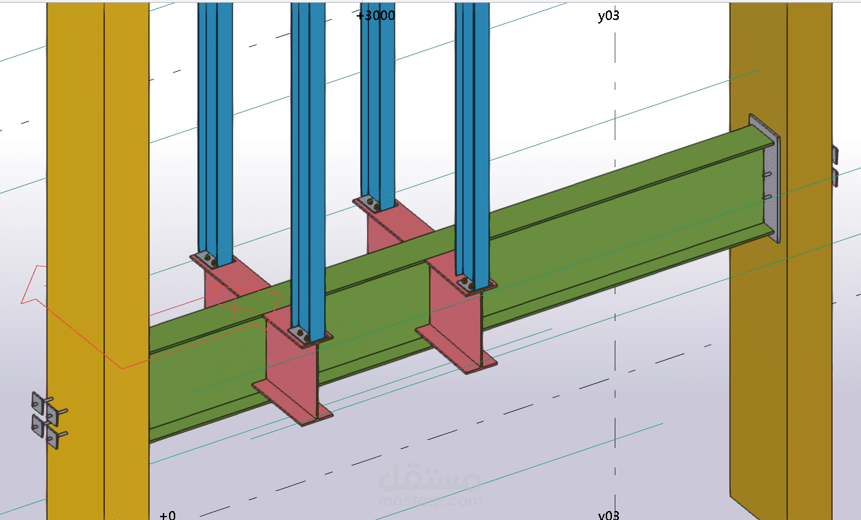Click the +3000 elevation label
coord(376,15)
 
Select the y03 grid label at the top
coord(608,15)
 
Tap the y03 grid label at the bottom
coord(608,514)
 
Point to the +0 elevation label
coord(167,514)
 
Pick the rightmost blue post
coord(473,138)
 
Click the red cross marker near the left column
coord(235,303)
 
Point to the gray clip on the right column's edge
coord(835,166)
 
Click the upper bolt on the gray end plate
coord(766,175)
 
